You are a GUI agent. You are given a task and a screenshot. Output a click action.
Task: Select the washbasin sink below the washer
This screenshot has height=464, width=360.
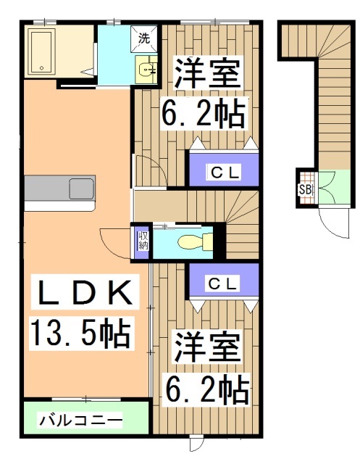[146, 70]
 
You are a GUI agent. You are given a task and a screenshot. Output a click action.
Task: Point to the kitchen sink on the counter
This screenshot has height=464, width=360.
[82, 188]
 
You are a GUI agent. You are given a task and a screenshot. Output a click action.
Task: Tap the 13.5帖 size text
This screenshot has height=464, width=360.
[80, 333]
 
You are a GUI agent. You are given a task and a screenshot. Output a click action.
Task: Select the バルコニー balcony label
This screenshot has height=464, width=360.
[80, 420]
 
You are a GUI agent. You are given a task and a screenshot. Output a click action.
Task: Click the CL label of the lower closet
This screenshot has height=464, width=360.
[222, 283]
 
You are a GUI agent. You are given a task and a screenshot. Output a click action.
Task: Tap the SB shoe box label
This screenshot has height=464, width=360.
[305, 190]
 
